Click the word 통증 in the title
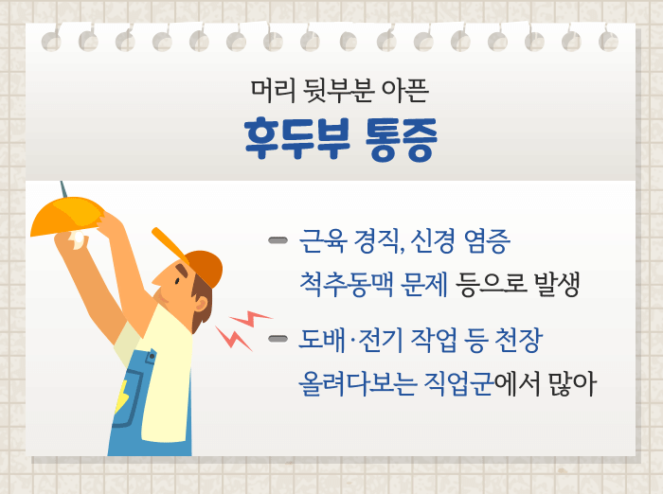pyautogui.click(x=400, y=140)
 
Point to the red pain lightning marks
pyautogui.click(x=241, y=327)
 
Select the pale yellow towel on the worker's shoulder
pyautogui.click(x=166, y=379)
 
